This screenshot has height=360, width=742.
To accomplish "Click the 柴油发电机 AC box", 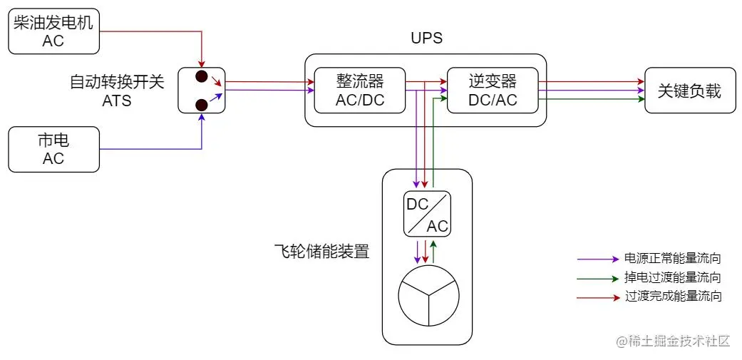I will pyautogui.click(x=53, y=31).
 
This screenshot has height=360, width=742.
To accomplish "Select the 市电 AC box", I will pyautogui.click(x=53, y=149).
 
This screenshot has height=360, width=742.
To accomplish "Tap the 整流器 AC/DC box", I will pyautogui.click(x=360, y=91).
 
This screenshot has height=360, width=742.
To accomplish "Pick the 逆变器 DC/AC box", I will pyautogui.click(x=492, y=91).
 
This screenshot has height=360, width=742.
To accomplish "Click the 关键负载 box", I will pyautogui.click(x=689, y=91).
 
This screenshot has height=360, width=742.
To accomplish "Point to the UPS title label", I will pyautogui.click(x=426, y=38).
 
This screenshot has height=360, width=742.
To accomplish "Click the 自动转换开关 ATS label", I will pyautogui.click(x=117, y=91).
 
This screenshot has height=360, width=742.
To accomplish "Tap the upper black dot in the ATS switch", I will pyautogui.click(x=202, y=76).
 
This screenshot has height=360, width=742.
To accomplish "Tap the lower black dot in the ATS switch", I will pyautogui.click(x=202, y=105).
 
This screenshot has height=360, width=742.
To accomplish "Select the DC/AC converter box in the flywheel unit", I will pyautogui.click(x=427, y=214).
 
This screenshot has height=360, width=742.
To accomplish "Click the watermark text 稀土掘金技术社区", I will pyautogui.click(x=674, y=341).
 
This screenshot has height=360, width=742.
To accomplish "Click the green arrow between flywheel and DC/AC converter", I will pyautogui.click(x=434, y=250).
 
